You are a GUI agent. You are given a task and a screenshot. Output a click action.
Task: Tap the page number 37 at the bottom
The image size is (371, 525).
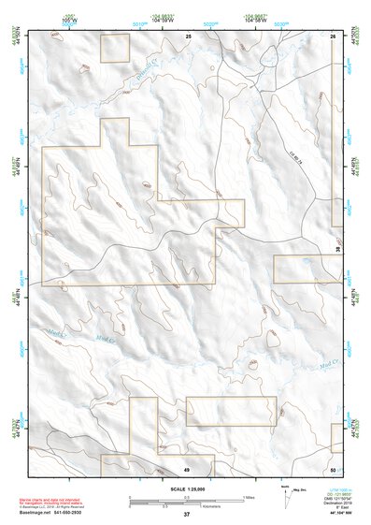click(x=186, y=515)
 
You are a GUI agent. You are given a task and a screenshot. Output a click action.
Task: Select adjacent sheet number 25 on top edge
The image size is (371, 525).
click(x=187, y=35)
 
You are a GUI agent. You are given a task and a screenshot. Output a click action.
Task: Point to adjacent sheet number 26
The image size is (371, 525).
click(x=334, y=35)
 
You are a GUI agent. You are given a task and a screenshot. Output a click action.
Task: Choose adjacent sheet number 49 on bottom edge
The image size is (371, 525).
click(x=186, y=469)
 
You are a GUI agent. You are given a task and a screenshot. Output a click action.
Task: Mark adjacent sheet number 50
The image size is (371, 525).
click(x=334, y=469)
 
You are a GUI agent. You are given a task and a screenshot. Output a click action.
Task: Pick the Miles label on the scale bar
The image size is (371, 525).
click(x=249, y=497)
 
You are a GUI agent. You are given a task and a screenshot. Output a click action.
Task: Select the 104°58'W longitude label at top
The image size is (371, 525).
click(x=253, y=19)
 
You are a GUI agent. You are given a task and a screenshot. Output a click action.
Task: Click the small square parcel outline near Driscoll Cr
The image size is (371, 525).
click(x=114, y=48)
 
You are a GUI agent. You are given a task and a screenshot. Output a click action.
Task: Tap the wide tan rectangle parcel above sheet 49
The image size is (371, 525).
click(x=231, y=411)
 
